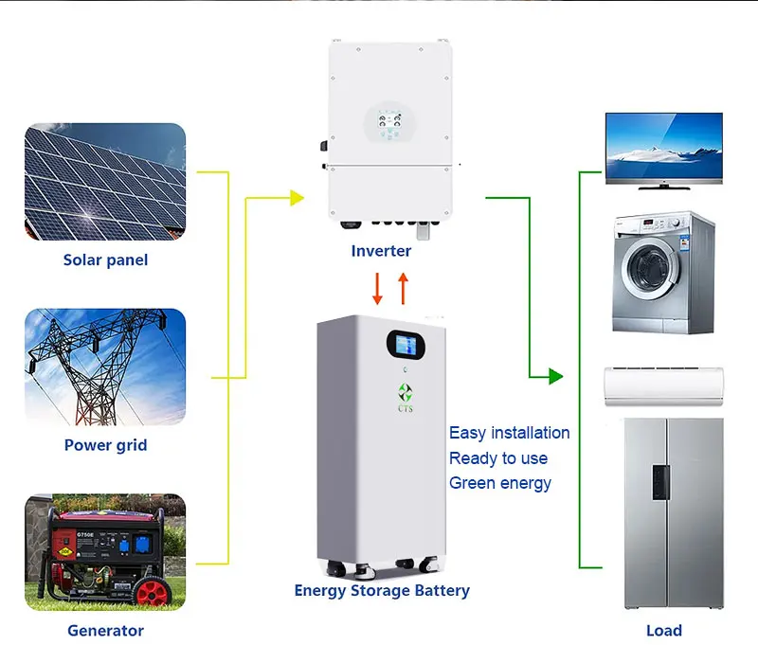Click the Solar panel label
pos(105,260)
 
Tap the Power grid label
pos(105,444)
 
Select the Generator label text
pos(105,630)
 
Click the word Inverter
pos(381,251)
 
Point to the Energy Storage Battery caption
pos(382,590)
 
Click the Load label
pos(662,630)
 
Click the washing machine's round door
pos(655,274)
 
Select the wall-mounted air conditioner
pos(663,385)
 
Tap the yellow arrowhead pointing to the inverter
pos(297,198)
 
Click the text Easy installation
pos(509,433)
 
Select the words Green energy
pos(499,483)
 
